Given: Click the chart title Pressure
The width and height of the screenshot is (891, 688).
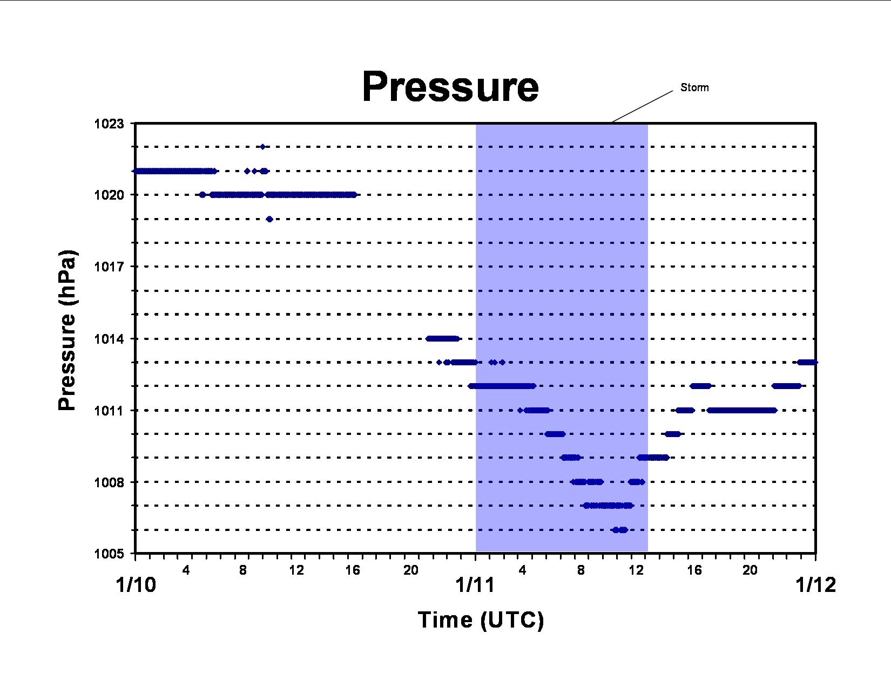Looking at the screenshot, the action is (450, 87).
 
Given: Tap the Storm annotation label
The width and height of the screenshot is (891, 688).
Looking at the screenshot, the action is (694, 87).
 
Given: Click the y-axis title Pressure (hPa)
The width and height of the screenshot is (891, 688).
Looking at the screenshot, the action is (67, 330).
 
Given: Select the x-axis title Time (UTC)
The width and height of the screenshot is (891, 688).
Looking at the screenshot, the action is (481, 619).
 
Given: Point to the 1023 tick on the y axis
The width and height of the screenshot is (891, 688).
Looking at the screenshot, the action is (109, 124).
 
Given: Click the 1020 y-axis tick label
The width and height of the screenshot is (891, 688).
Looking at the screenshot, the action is (109, 195).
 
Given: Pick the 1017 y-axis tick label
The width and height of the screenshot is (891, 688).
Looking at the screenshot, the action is (109, 267).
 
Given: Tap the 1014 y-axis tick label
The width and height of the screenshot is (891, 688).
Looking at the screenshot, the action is (109, 339).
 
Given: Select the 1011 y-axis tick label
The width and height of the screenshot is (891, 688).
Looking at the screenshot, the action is (109, 411).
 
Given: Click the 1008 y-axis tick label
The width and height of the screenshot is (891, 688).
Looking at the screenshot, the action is (109, 482).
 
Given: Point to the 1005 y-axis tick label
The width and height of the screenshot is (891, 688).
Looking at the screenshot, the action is (109, 554).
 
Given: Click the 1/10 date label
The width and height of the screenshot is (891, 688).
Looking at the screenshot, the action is (136, 585).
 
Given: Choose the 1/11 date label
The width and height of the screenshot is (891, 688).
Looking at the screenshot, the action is (475, 585).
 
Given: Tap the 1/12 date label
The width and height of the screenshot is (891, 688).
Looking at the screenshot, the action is (815, 585).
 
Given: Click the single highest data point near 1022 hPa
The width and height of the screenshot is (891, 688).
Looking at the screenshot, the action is (263, 147).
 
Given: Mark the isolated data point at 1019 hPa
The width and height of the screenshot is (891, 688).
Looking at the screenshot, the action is (269, 219).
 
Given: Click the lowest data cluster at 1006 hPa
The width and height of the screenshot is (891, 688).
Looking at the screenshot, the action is (619, 530).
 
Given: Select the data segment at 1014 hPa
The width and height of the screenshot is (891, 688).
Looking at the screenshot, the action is (443, 338).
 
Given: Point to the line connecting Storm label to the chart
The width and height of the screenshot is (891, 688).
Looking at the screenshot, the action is (642, 106).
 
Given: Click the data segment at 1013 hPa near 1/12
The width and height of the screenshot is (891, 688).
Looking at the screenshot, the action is (807, 362).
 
